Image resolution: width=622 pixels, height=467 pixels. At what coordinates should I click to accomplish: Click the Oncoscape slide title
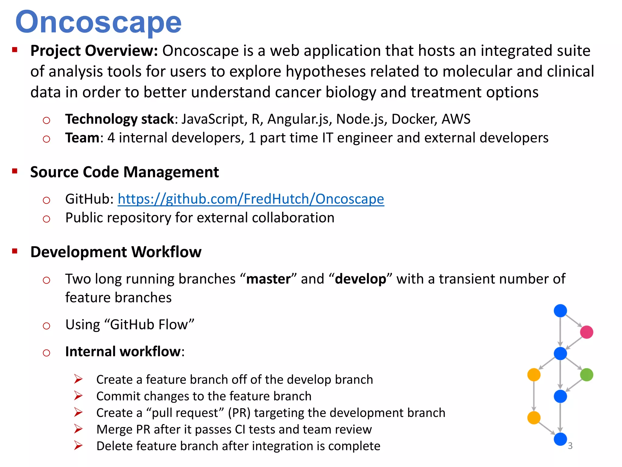click(x=98, y=22)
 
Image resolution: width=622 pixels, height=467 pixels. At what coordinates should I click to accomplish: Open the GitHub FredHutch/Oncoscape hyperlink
click(x=251, y=199)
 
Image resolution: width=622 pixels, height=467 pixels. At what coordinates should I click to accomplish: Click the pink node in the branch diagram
click(x=586, y=332)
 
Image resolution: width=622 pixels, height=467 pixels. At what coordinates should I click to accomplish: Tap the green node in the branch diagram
click(x=586, y=375)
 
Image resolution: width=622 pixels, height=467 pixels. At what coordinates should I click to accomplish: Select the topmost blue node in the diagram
click(x=560, y=310)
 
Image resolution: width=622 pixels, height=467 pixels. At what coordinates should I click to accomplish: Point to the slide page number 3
click(x=570, y=446)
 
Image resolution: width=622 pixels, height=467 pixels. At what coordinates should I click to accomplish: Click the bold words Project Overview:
click(x=94, y=51)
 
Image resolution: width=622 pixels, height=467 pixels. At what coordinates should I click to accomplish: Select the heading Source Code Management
click(x=125, y=172)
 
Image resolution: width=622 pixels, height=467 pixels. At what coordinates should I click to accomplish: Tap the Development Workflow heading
click(x=116, y=252)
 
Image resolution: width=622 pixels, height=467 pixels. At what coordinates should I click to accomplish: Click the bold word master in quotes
click(x=268, y=279)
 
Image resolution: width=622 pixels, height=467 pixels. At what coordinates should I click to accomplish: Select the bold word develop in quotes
click(x=361, y=279)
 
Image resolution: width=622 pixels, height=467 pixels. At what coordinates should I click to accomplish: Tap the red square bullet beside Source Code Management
click(x=15, y=171)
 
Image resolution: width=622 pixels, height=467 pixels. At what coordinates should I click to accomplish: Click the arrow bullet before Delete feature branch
click(x=78, y=446)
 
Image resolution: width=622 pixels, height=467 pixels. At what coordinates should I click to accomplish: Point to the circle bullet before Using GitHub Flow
click(x=46, y=326)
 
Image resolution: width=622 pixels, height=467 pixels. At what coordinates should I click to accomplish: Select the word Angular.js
click(x=299, y=119)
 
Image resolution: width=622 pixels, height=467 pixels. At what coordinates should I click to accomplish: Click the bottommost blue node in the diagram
click(x=560, y=439)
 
